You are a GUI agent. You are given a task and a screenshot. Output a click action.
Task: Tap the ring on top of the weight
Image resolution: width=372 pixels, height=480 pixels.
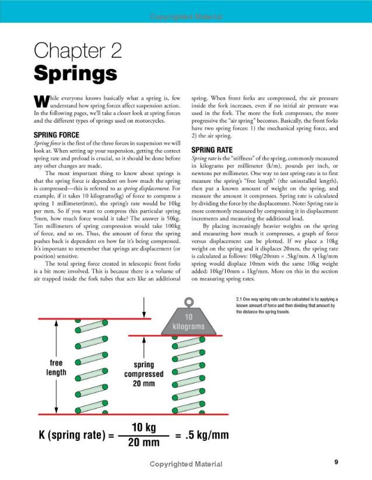pyautogui.click(x=189, y=302)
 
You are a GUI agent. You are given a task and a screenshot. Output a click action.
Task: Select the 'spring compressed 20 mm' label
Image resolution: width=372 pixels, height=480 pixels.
pyautogui.click(x=143, y=374)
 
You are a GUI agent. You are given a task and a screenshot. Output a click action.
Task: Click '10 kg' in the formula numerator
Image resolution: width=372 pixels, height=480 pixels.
pyautogui.click(x=143, y=428)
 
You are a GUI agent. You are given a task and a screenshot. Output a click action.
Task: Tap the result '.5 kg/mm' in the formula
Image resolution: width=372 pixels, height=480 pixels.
pyautogui.click(x=208, y=436)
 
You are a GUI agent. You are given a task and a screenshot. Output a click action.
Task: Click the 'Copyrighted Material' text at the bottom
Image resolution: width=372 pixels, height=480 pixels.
pyautogui.click(x=185, y=464)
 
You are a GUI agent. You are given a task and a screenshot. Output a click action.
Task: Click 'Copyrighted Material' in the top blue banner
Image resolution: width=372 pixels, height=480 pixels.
pyautogui.click(x=185, y=16)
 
